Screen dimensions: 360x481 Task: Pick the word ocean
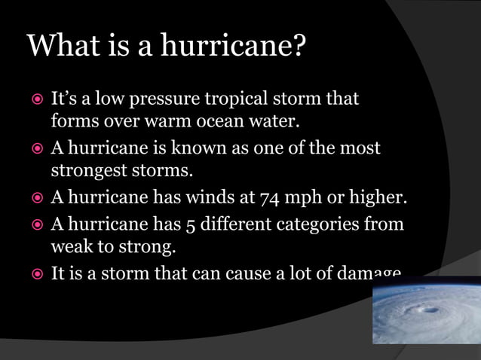click(x=216, y=121)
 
